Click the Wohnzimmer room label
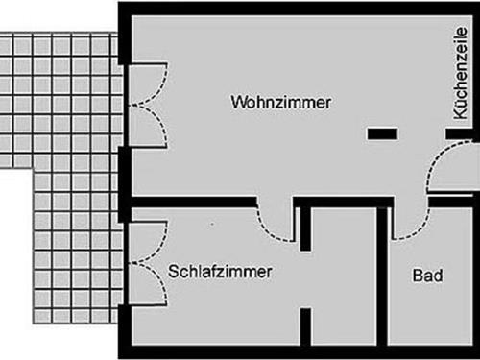point(281,102)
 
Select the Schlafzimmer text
point(220,272)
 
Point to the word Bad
point(427,276)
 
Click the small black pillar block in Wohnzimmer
point(382,133)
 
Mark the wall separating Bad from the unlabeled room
point(383,278)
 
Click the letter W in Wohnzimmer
point(237,102)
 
